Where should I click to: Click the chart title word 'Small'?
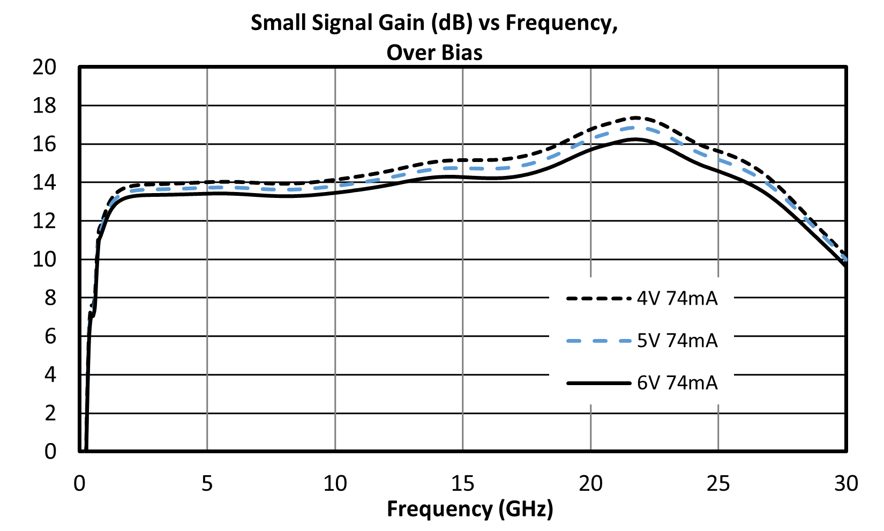click(x=279, y=23)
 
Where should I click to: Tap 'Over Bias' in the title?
click(x=434, y=53)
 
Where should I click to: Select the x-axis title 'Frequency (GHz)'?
click(x=470, y=509)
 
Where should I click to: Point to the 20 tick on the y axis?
click(x=44, y=67)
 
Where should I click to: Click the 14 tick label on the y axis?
click(x=44, y=182)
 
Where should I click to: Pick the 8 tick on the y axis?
click(x=50, y=298)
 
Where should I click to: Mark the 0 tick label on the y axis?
click(x=50, y=452)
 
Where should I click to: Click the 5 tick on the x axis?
click(x=207, y=483)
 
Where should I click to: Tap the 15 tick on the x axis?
click(x=463, y=483)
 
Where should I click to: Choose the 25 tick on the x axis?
click(x=718, y=483)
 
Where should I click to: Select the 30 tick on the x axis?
click(x=846, y=483)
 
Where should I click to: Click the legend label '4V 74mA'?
click(x=677, y=299)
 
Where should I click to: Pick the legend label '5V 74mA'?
click(x=677, y=341)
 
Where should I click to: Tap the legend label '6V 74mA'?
click(x=677, y=383)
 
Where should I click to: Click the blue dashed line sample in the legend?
click(x=598, y=341)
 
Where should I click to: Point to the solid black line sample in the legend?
click(x=598, y=383)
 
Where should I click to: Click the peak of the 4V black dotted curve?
click(x=636, y=118)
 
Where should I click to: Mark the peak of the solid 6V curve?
click(x=636, y=139)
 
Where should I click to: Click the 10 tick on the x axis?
click(x=335, y=483)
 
